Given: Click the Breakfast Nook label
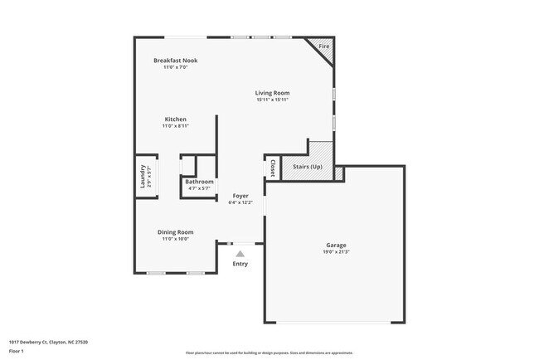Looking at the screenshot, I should pos(175,60).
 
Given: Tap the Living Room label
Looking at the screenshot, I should pos(272,93).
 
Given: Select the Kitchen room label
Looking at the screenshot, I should pos(175,119).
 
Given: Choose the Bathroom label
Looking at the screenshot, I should pos(199,182).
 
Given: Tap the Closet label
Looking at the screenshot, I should pos(271,168).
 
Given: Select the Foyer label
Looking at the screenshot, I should pos(240,196).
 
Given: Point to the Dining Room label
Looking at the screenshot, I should pos(175,231).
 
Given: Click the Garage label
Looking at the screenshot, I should pos(335,245).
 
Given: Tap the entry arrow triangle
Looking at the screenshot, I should pos(240,254).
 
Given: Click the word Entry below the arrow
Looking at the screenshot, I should pos(240,264).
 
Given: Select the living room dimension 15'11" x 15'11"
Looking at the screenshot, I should pos(272,100).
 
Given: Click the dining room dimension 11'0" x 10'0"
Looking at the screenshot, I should pos(175,239).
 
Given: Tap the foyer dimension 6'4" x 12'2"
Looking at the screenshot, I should pos(240,202).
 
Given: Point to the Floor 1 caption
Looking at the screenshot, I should pos(17,352).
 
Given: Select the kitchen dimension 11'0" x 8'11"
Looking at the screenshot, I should pos(175,126).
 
